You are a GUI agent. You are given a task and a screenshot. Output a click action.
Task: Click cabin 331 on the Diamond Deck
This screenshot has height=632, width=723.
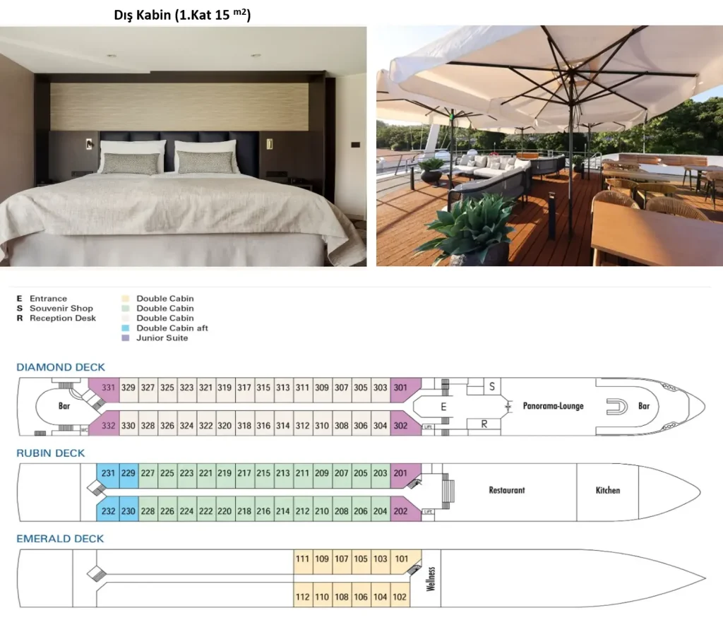coord(108,388)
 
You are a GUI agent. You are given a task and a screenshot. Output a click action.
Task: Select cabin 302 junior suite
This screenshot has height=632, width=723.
coord(401,426)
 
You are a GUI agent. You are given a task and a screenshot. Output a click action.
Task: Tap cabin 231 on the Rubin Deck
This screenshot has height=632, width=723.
coord(108,473)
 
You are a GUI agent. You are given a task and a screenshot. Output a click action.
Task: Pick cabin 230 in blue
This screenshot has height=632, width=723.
coord(128,511)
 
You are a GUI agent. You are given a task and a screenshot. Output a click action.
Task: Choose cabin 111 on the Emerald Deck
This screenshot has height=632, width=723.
coord(302,559)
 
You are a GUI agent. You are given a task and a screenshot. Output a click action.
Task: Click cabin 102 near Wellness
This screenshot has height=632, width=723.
coord(400,597)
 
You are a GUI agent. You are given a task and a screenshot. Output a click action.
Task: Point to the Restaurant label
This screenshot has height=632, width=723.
coord(507,490)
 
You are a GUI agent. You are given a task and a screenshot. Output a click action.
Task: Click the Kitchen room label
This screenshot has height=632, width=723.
coord(608,490)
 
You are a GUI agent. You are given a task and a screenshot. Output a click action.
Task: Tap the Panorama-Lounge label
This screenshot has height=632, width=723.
coord(554,406)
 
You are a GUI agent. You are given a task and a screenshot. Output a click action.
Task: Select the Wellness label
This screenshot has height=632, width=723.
coord(431,578)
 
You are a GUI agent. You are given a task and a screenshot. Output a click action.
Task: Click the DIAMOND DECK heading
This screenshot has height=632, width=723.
coord(61,367)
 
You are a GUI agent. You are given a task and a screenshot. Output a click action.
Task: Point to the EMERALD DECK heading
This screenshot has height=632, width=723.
coord(60,539)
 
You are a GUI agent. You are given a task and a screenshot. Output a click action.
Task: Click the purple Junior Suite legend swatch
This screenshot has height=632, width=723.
coord(126,338)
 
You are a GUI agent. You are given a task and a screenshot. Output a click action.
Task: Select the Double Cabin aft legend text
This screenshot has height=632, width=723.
coord(172,328)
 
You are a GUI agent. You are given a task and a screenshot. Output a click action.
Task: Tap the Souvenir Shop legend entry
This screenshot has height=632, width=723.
coord(61,309)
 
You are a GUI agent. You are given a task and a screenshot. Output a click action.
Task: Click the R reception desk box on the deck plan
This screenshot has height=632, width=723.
coord(484,424)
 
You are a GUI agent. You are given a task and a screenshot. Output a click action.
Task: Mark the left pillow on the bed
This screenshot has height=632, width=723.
coord(132,157)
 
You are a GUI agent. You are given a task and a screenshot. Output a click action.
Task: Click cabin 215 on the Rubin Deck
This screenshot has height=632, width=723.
coord(263,473)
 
